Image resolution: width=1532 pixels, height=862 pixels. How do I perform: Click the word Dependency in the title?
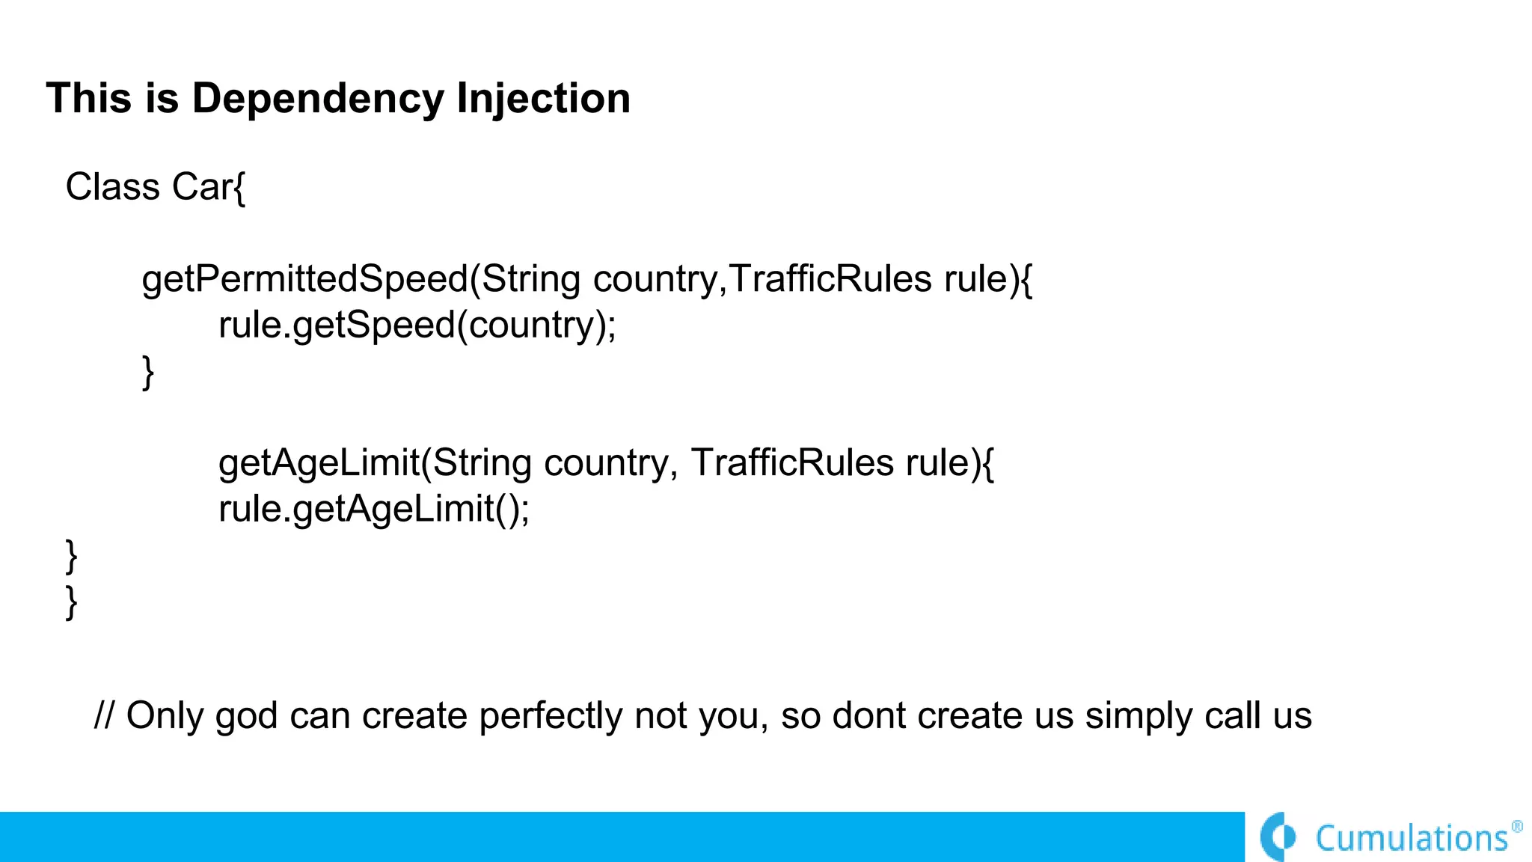point(317,99)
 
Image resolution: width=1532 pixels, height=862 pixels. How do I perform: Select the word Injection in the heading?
point(543,99)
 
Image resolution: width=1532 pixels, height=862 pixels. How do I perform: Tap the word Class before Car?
point(112,186)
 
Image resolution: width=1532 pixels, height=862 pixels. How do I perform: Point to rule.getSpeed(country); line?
point(417,325)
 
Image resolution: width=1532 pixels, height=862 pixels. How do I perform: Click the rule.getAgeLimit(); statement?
point(373,510)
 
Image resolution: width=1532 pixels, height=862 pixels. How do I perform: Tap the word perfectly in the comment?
point(551,716)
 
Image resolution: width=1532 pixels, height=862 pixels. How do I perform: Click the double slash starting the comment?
point(104,715)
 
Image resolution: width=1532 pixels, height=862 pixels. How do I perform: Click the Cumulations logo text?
point(1412,838)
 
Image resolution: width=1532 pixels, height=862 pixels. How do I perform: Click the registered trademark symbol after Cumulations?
point(1517,827)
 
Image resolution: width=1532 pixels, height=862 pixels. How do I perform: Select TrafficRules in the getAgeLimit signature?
point(791,463)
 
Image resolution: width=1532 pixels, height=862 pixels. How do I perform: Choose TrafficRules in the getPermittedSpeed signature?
point(830,280)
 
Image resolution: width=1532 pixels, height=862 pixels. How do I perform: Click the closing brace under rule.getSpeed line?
point(148,372)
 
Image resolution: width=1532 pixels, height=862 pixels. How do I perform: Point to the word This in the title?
point(89,99)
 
